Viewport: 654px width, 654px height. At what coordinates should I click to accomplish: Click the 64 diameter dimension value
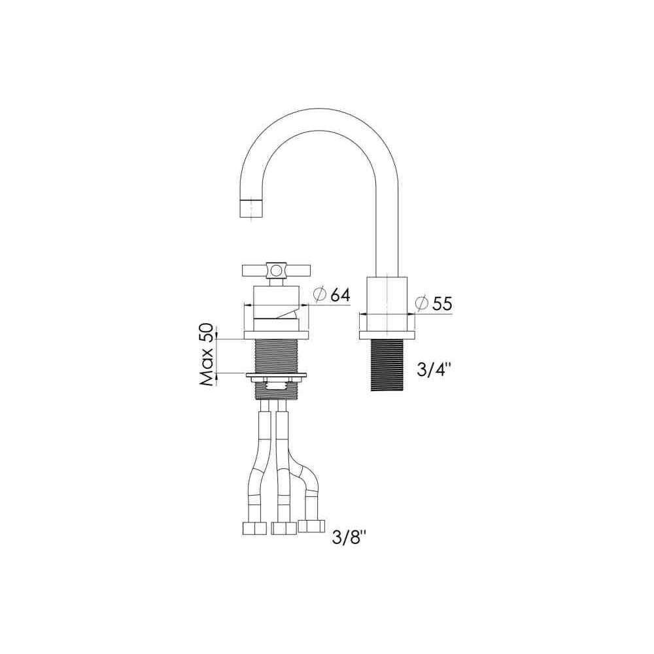point(340,294)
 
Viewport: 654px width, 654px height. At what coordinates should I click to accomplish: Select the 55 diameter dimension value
point(442,303)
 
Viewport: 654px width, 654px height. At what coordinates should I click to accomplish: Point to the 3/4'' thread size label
point(434,369)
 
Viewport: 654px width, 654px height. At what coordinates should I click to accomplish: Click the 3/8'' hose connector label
point(349,538)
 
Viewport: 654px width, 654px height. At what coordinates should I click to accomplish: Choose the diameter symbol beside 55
point(422,303)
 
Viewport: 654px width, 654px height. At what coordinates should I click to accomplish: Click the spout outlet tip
point(252,208)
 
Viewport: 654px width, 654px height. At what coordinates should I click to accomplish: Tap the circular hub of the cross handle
point(275,271)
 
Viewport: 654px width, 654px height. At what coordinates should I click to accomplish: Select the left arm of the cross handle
point(255,271)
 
